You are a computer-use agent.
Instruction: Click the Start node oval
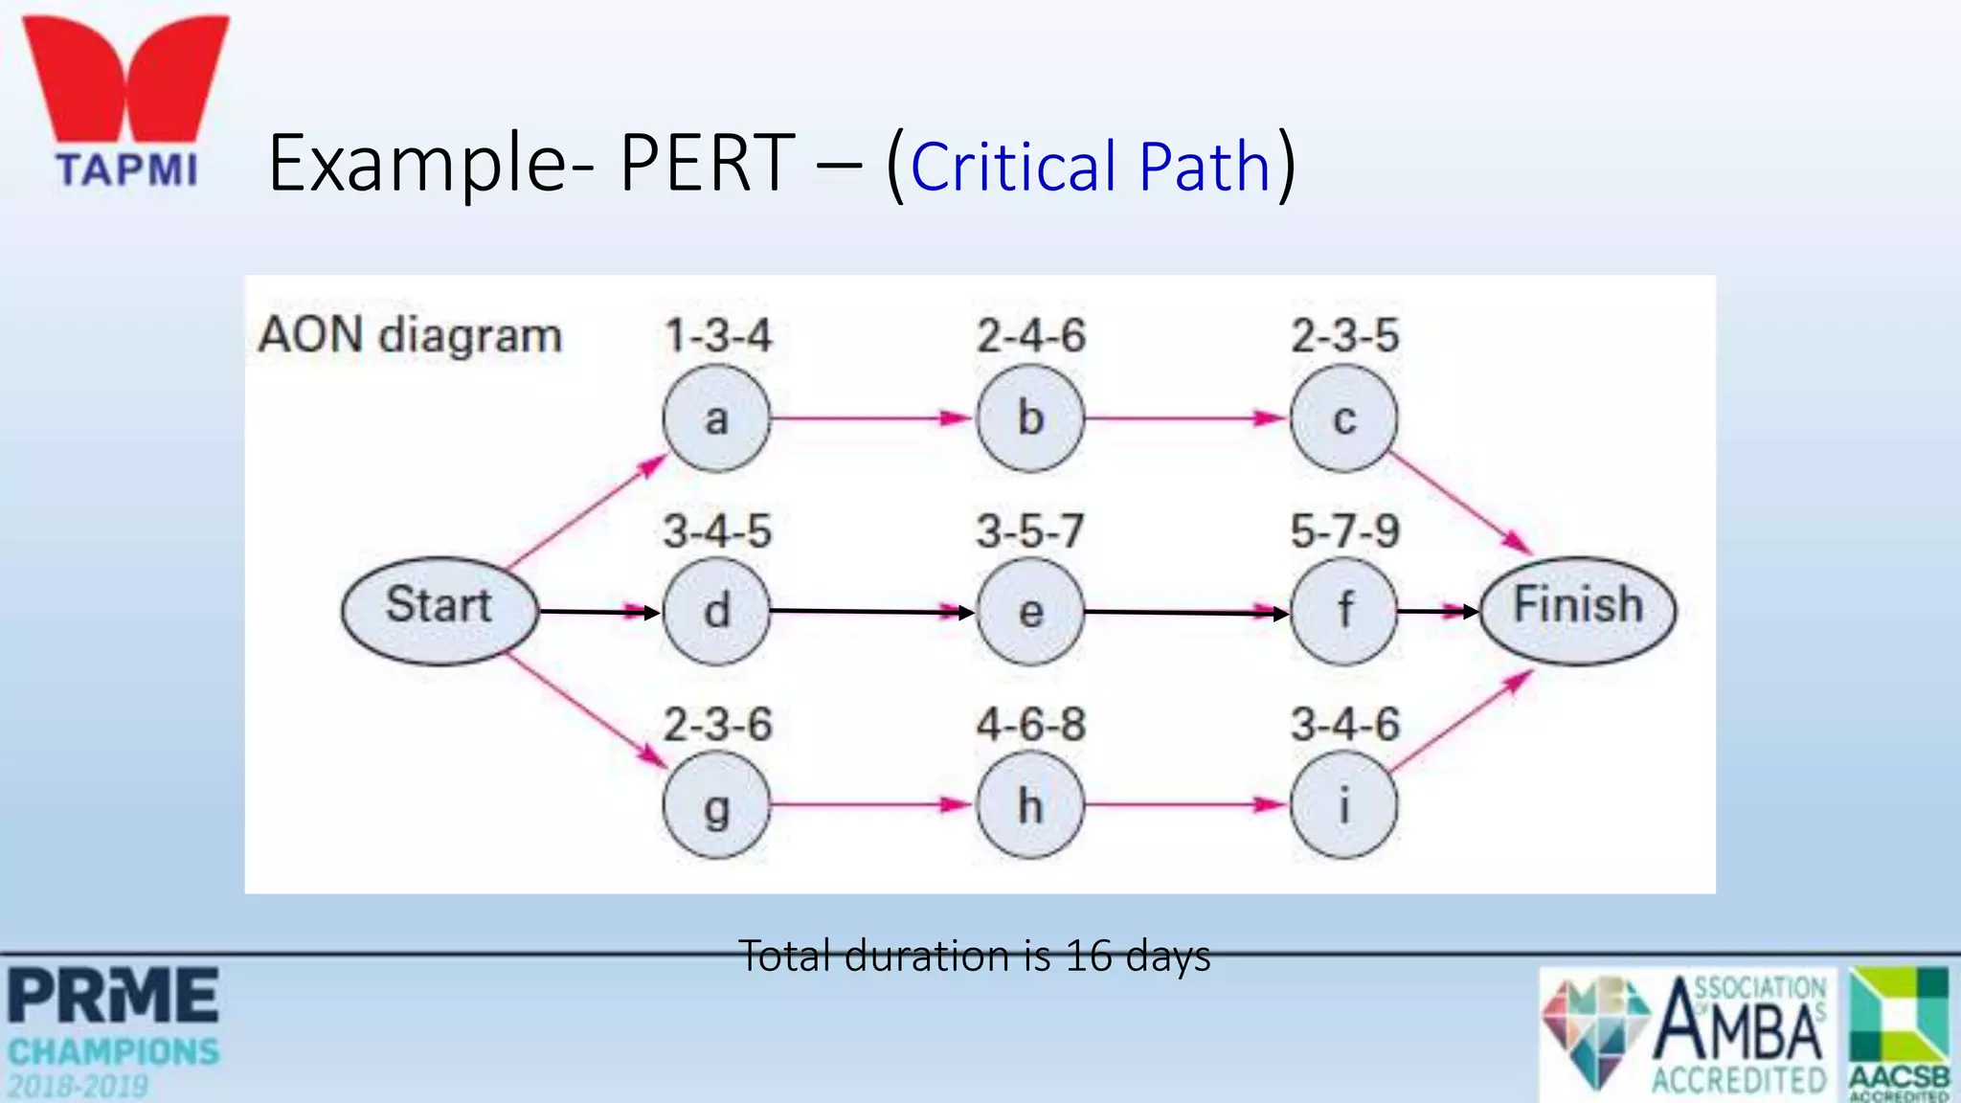click(x=440, y=610)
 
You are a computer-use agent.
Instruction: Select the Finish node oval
click(x=1578, y=610)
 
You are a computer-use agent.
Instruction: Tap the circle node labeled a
click(x=716, y=418)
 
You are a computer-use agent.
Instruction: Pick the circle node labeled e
click(x=1030, y=611)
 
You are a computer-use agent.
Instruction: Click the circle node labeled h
click(x=1030, y=805)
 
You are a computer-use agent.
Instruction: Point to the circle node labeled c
click(x=1343, y=418)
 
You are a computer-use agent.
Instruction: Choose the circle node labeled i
click(x=1343, y=805)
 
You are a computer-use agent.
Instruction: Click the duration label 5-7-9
click(x=1344, y=531)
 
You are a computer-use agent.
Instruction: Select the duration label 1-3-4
click(x=717, y=336)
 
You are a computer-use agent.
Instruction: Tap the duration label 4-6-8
click(x=1030, y=725)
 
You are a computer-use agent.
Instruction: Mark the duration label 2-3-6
click(x=717, y=725)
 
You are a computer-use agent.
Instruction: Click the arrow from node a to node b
click(x=871, y=417)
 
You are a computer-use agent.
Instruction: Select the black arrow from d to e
click(x=871, y=611)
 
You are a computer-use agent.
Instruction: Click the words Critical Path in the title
click(x=1090, y=167)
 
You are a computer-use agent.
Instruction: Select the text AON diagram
click(x=410, y=336)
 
